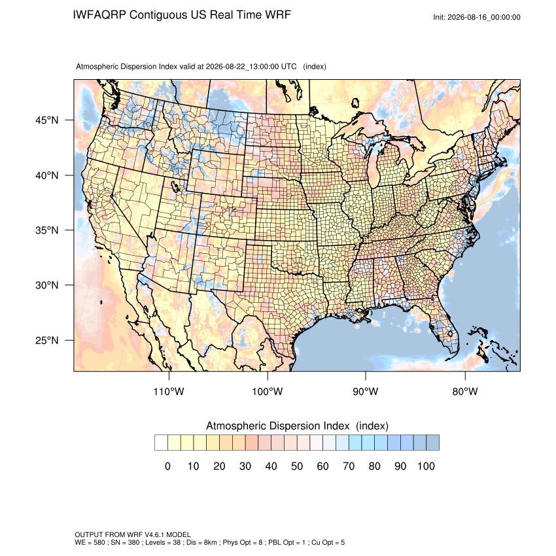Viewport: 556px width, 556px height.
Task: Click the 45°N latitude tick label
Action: click(47, 120)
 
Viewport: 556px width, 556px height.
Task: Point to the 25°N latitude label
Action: click(47, 340)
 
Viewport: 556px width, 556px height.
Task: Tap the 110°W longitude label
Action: click(169, 391)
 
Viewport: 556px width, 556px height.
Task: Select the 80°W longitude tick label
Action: click(465, 391)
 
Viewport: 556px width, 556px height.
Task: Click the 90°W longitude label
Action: click(365, 391)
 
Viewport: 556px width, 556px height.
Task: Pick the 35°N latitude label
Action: click(47, 230)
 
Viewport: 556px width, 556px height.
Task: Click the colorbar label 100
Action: click(426, 466)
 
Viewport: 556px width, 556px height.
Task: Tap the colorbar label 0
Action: click(167, 466)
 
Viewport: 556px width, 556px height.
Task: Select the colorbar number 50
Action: click(297, 466)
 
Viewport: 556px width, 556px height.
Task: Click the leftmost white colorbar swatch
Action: click(161, 443)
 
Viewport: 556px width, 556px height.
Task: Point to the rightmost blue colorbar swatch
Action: click(432, 443)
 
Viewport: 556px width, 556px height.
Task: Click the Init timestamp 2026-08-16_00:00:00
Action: click(483, 17)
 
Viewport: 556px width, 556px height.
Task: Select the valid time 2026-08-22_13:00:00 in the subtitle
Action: click(242, 66)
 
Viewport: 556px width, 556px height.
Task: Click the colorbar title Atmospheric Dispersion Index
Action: click(277, 426)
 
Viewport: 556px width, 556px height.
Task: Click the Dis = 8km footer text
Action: click(200, 542)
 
